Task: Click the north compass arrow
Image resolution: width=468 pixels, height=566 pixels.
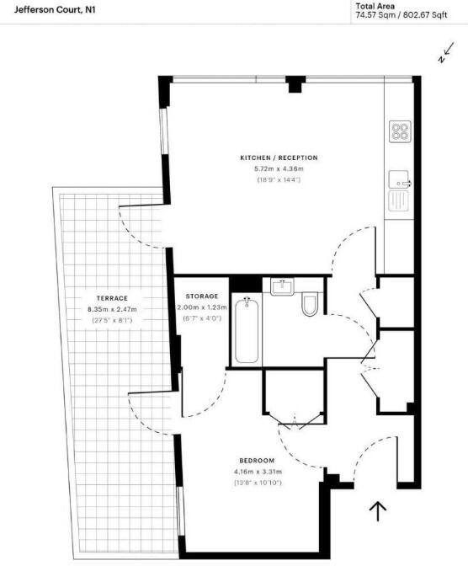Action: coord(446,55)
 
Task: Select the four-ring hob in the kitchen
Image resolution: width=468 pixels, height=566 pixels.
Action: coord(400,131)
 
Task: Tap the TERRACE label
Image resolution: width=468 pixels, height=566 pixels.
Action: coord(111,299)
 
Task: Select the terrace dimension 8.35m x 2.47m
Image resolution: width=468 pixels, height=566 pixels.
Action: coord(111,310)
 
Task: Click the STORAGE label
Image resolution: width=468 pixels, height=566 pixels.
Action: coord(202,296)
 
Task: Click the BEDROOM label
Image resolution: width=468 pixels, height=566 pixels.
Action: coord(257,460)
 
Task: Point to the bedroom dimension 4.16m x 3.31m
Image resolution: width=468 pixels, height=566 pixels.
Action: coord(257,471)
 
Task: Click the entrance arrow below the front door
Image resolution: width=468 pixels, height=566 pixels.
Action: coord(378,510)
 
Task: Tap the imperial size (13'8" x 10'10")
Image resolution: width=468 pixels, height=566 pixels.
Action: coord(257,482)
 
